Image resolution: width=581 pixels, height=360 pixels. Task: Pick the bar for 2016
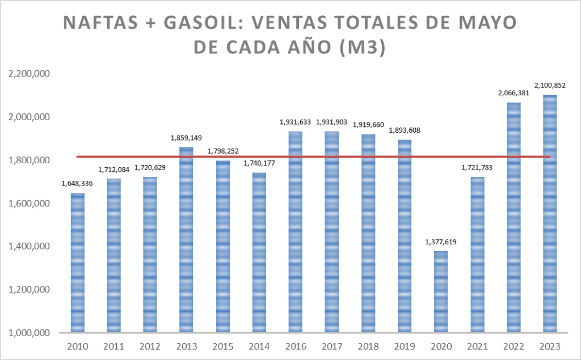[x=296, y=232]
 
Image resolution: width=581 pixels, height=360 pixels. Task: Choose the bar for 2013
[x=187, y=239]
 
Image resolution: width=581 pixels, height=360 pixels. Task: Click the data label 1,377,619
[x=441, y=242]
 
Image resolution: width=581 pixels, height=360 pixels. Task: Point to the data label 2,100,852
[x=550, y=86]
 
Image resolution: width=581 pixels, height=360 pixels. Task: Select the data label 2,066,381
[x=513, y=93]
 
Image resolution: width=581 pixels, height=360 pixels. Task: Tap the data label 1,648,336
[x=78, y=183]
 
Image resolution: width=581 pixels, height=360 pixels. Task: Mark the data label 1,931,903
[x=332, y=122]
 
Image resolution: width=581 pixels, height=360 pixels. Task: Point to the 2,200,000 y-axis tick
[x=28, y=74]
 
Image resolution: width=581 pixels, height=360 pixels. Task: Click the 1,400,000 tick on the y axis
[x=28, y=247]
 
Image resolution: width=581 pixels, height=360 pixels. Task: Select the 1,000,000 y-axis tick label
[x=28, y=333]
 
